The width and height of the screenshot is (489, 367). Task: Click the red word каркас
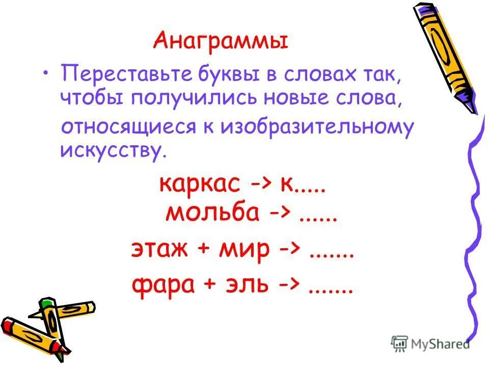coord(199,184)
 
